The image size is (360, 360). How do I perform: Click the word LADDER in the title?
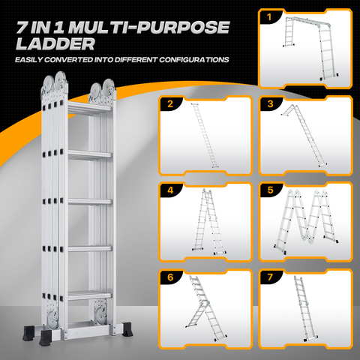[x=55, y=44]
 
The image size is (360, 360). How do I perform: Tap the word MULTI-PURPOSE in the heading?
[x=149, y=27]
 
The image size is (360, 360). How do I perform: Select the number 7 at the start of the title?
[x=22, y=27]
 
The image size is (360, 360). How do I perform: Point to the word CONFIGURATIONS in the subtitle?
[x=194, y=60]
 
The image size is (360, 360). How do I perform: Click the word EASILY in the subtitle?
[x=28, y=60]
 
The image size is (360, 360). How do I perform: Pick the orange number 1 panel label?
[x=269, y=17]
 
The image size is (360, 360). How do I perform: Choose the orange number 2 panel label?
[x=170, y=103]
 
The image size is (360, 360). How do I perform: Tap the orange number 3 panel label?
[x=270, y=103]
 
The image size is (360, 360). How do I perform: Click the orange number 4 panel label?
[x=170, y=190]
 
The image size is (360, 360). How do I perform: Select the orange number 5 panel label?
[x=270, y=190]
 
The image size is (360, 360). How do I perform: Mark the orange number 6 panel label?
[x=170, y=277]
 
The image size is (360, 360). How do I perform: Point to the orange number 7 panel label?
[x=270, y=277]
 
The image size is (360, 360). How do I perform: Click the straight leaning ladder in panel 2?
[x=205, y=136]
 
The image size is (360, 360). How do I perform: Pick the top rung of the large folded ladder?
[x=89, y=108]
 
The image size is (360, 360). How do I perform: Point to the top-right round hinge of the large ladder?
[x=108, y=87]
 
